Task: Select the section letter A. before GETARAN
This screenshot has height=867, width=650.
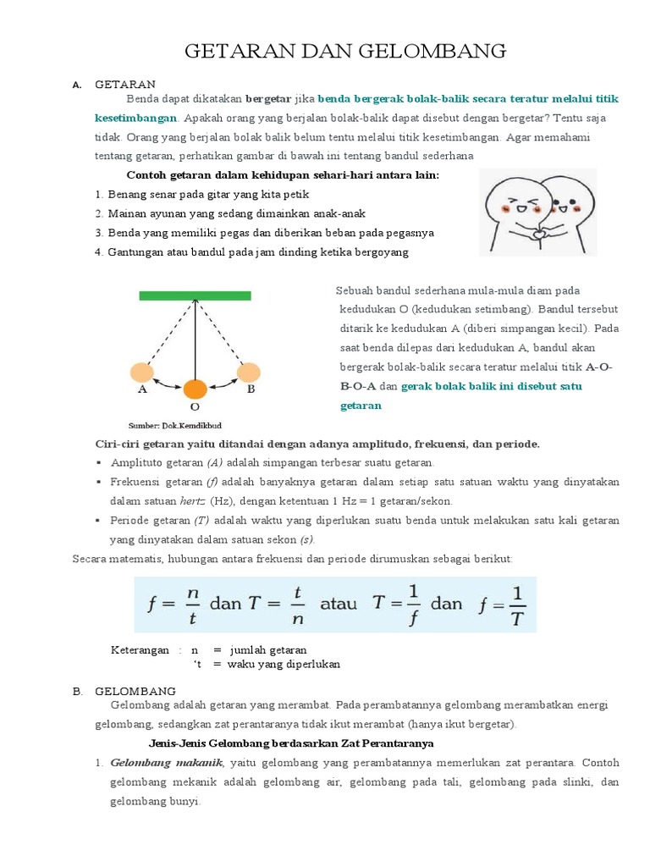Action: click(76, 85)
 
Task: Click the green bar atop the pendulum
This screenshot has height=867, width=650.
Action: click(195, 295)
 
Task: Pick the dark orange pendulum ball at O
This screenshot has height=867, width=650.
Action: click(195, 389)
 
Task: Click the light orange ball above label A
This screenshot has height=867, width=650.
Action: click(141, 372)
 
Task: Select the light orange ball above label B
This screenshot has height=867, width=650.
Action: click(248, 372)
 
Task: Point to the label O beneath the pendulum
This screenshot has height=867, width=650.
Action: click(195, 406)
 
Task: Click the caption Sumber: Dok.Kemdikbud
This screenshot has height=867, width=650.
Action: click(174, 425)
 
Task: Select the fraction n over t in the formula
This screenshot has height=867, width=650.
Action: click(192, 604)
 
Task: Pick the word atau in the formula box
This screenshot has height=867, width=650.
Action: click(338, 604)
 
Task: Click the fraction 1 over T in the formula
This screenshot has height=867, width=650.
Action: click(518, 604)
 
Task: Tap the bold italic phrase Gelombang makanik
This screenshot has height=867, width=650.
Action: click(166, 763)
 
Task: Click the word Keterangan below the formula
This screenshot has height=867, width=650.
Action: click(140, 650)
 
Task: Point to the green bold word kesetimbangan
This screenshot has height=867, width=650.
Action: click(135, 118)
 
